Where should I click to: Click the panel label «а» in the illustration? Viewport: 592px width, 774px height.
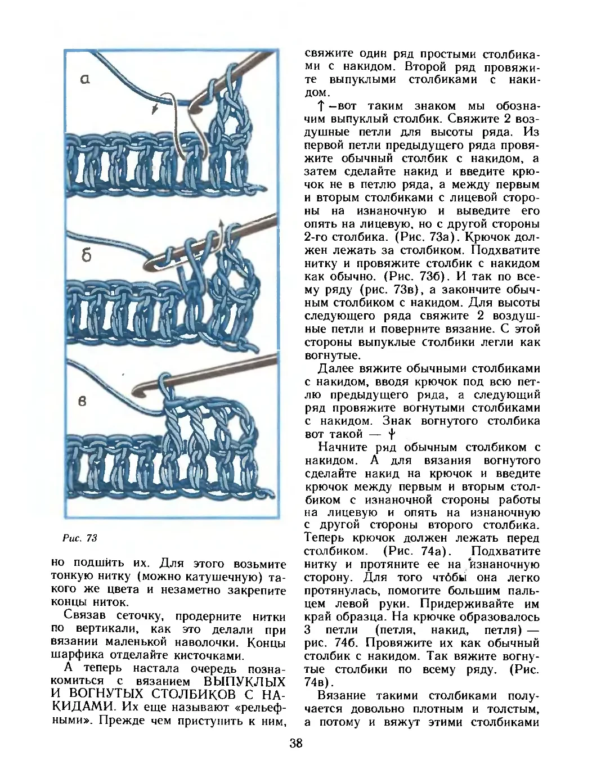point(85,79)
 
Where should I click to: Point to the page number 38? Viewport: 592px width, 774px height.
point(296,744)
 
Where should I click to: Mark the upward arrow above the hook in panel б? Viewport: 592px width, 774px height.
point(221,226)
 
